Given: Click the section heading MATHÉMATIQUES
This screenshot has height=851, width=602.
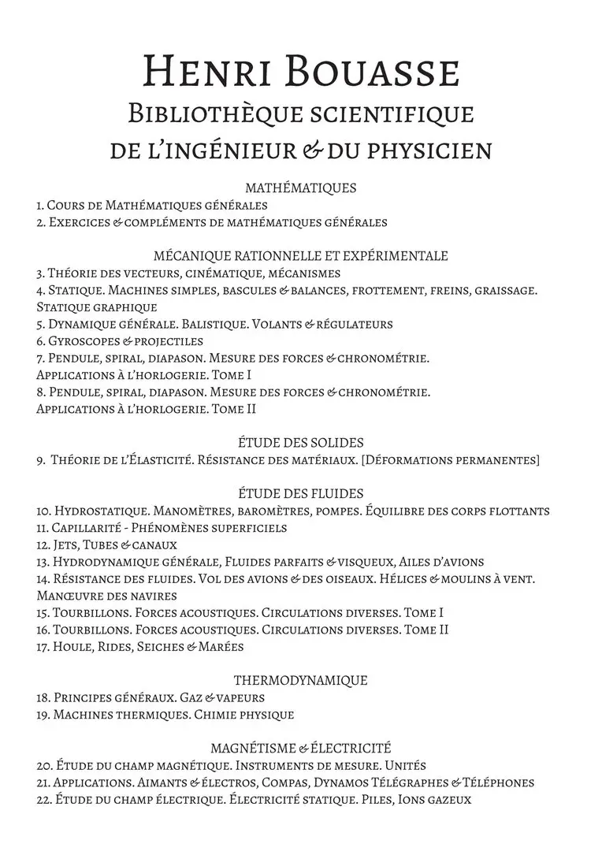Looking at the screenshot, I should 301,188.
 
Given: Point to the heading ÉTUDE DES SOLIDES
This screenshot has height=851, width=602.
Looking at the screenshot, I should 301,443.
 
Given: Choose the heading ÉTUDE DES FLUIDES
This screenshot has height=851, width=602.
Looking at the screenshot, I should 301,494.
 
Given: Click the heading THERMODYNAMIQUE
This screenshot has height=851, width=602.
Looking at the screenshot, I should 301,681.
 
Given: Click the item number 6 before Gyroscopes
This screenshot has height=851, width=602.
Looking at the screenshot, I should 40,341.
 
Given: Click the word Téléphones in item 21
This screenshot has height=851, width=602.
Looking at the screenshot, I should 499,783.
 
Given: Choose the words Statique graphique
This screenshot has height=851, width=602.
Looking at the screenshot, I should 97,307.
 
